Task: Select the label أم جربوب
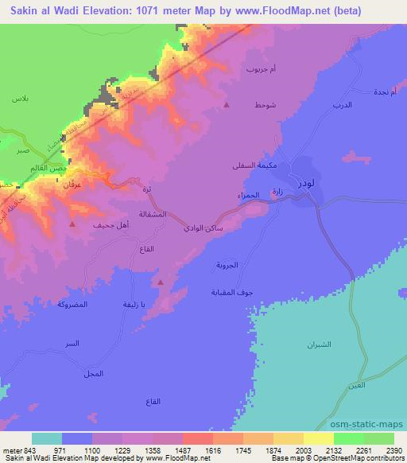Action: (262, 70)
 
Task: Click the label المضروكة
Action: (73, 305)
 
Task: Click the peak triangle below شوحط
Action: (227, 105)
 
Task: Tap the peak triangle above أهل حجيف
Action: (73, 225)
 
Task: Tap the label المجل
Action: (93, 373)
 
